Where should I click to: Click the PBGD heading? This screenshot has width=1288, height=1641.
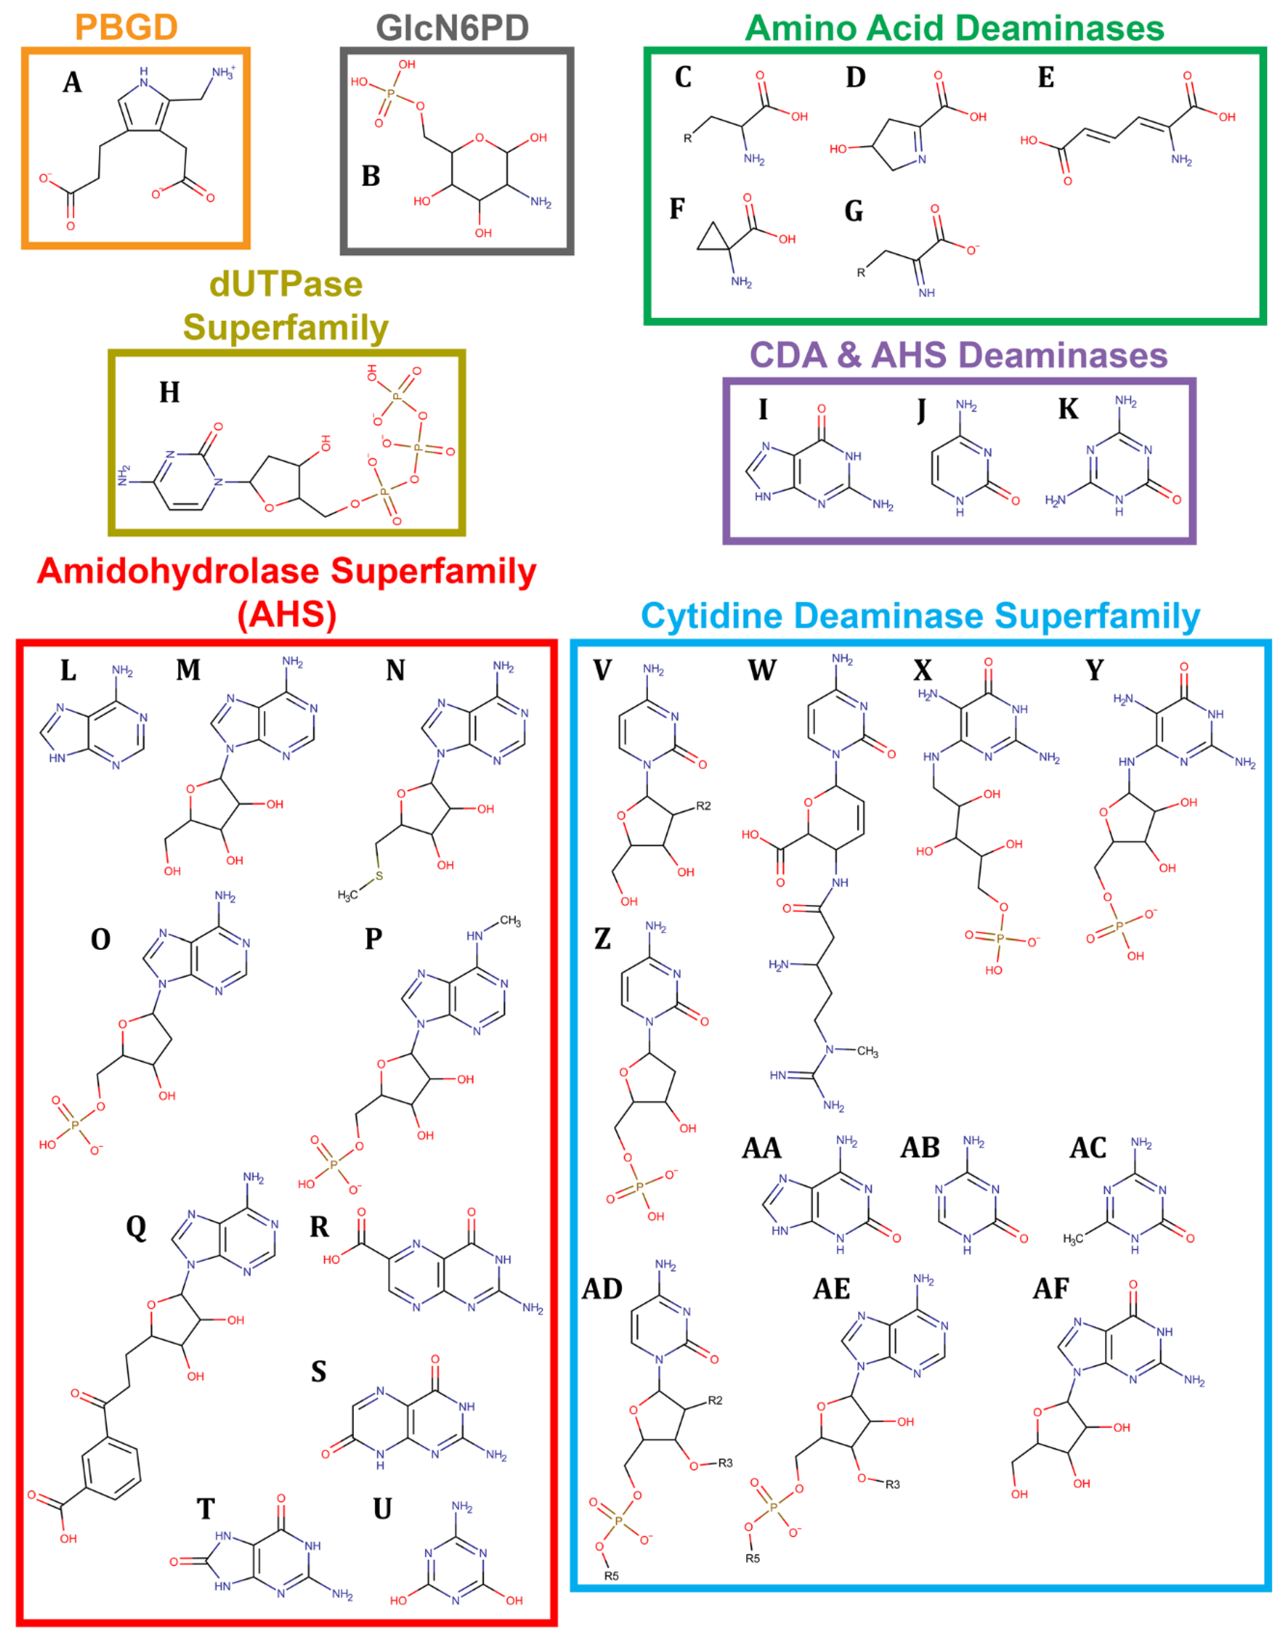click(x=126, y=27)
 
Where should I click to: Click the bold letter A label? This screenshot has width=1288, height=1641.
click(x=73, y=82)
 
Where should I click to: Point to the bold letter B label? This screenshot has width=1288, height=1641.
click(x=370, y=176)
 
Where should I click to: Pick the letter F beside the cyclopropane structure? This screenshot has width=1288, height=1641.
click(x=677, y=209)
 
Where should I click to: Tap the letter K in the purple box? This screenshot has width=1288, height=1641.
click(x=1068, y=409)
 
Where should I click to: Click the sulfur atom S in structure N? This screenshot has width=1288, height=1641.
click(x=379, y=876)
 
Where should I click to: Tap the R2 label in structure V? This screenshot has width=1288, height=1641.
click(x=703, y=806)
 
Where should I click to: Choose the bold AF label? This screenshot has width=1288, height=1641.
click(x=1050, y=1289)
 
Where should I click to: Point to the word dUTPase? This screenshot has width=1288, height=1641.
click(x=286, y=284)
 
